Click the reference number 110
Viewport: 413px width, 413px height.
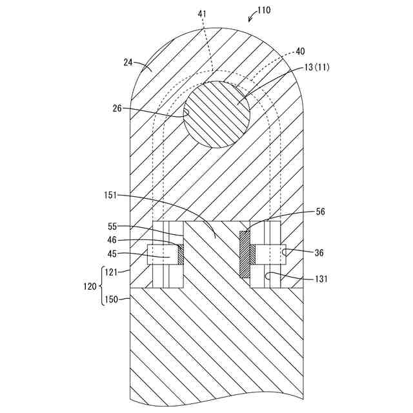point(263,10)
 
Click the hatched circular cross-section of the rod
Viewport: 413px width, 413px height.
point(217,114)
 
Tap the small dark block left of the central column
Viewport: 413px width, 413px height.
point(181,253)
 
